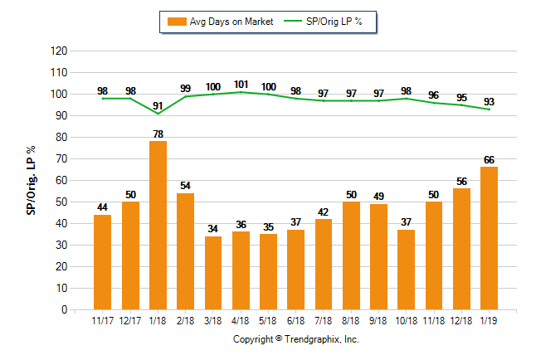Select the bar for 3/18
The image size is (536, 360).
coord(213,273)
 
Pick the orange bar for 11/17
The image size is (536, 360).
coord(102,262)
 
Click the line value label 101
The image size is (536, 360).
coord(241,84)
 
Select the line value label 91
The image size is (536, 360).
coord(158,105)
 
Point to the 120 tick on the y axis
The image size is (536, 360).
coord(59,51)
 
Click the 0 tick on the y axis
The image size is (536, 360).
coord(64,310)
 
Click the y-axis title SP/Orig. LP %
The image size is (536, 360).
coord(31,178)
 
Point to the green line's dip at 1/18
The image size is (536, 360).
coord(158,114)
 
